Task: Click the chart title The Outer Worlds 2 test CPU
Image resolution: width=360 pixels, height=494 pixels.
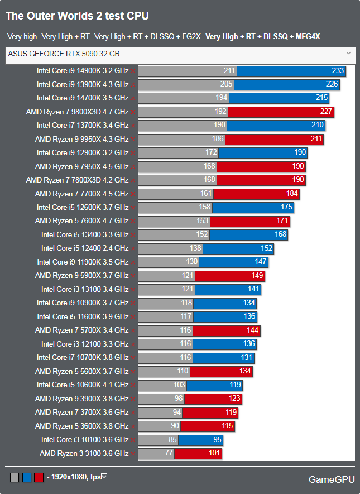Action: [77, 16]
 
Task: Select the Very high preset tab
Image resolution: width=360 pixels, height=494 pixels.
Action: [22, 37]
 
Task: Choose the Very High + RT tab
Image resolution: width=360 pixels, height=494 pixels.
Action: [65, 37]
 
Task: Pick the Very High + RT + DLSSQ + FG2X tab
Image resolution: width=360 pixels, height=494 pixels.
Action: [147, 37]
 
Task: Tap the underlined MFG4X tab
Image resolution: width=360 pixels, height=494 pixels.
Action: [262, 37]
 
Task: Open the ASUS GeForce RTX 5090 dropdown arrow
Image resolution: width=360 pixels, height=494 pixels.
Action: [348, 53]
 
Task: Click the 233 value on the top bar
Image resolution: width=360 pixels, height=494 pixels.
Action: [338, 71]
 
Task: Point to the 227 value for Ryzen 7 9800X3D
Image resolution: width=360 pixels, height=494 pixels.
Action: [327, 112]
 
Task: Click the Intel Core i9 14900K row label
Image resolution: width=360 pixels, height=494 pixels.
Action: [82, 71]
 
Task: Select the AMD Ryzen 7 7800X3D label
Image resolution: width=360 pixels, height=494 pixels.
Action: [77, 180]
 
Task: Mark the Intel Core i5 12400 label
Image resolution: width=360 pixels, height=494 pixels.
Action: [84, 248]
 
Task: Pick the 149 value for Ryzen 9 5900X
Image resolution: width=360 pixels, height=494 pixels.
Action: [257, 276]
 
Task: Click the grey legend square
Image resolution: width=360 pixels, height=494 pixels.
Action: [14, 477]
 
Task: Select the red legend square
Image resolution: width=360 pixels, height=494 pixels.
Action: [39, 477]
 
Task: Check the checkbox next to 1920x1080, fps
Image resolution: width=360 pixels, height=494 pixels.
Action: [104, 477]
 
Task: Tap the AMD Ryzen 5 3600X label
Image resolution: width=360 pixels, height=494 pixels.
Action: [81, 426]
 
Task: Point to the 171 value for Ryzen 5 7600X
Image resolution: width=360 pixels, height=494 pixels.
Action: [282, 221]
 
